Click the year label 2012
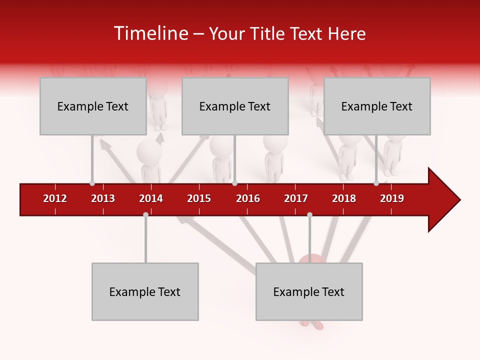pos(55,198)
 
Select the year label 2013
pos(103,198)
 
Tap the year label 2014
pos(151,198)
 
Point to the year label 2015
pos(199,198)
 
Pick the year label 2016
pos(248,198)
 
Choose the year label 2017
pos(296,198)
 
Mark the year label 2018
pos(344,198)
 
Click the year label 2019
pos(392,198)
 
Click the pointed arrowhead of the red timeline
pos(445,199)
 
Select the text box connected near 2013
pos(93,106)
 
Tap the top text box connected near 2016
pos(235,106)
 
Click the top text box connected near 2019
pos(377,106)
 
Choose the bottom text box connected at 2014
pos(145,291)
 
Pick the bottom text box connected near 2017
pos(309,291)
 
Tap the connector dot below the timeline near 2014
pos(145,214)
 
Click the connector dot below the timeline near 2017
pos(309,214)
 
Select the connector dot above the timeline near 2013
pos(92,183)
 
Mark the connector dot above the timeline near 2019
pos(376,183)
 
